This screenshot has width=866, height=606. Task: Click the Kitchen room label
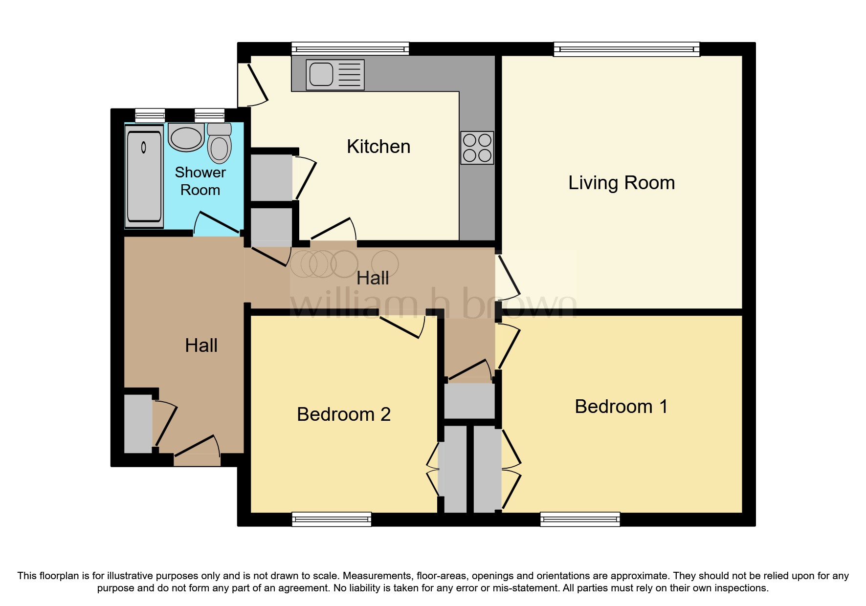click(x=378, y=147)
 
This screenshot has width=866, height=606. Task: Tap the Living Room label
click(x=621, y=183)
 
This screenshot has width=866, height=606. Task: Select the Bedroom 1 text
click(x=621, y=407)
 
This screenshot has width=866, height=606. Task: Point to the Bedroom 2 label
click(x=343, y=414)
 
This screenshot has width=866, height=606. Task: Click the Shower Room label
click(x=200, y=181)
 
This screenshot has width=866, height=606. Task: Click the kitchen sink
click(x=335, y=75)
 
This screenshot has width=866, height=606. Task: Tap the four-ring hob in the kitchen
click(x=477, y=148)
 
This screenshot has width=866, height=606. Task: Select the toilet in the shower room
click(x=219, y=144)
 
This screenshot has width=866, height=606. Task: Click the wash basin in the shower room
click(x=186, y=137)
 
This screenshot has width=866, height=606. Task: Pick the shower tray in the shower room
click(x=144, y=176)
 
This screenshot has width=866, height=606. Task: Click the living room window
click(x=626, y=49)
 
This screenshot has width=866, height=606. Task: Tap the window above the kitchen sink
click(x=350, y=48)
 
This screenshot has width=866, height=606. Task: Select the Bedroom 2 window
click(x=331, y=519)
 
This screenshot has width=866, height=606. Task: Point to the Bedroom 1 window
click(x=579, y=519)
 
